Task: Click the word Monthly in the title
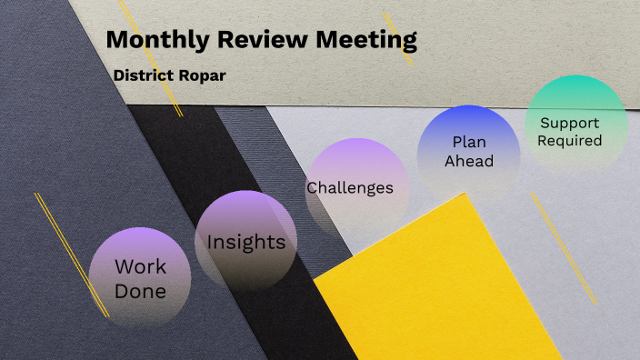coord(156,40)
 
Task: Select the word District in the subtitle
coord(144,75)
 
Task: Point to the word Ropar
coord(202,75)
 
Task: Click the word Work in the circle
coord(140,266)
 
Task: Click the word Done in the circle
coord(140,291)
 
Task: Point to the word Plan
coord(469,142)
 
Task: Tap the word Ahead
coord(469,161)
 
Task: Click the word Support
coord(570,122)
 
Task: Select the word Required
coord(570,140)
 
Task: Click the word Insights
coord(246,243)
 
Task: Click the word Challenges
coord(350,188)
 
